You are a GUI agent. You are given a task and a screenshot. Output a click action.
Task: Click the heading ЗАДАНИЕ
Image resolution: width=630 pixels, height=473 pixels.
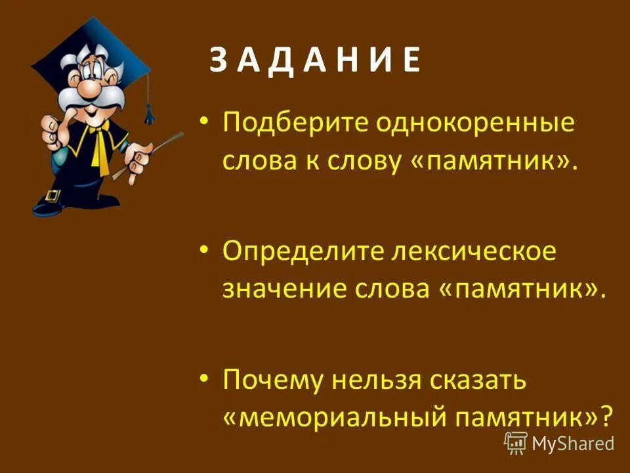click(315, 62)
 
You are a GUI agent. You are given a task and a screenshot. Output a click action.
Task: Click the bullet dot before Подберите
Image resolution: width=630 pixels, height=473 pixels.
click(205, 123)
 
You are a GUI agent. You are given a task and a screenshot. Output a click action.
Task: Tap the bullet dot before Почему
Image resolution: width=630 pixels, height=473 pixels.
click(205, 379)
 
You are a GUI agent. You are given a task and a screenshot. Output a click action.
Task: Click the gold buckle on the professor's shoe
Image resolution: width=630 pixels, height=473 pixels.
click(53, 196)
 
